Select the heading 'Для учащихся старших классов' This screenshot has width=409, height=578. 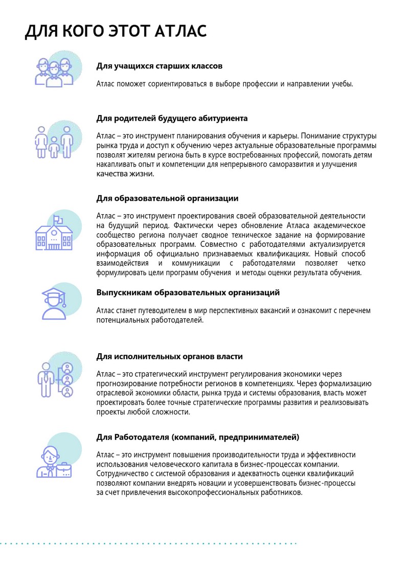(x=159, y=66)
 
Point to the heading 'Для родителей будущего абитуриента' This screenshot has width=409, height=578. (x=172, y=118)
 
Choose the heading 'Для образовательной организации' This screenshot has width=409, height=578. (x=167, y=198)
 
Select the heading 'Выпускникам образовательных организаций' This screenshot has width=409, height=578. (x=188, y=293)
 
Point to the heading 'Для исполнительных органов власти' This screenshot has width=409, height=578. (x=169, y=357)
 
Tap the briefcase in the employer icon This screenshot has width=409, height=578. (x=65, y=469)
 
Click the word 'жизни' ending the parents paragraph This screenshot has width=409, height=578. (x=144, y=174)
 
